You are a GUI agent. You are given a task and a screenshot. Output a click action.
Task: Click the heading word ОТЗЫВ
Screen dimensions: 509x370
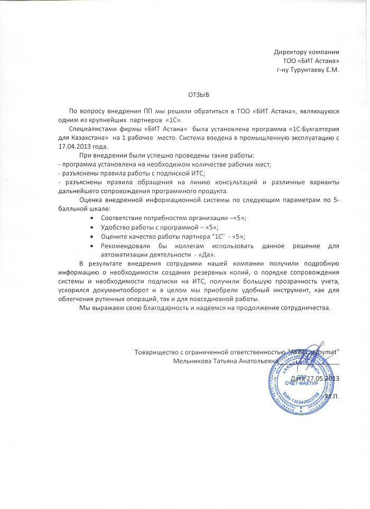(x=199, y=95)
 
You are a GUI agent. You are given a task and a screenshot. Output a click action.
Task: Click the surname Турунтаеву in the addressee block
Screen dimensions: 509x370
(x=305, y=69)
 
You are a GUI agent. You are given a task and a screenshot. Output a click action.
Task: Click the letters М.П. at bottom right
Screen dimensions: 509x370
(x=332, y=396)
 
